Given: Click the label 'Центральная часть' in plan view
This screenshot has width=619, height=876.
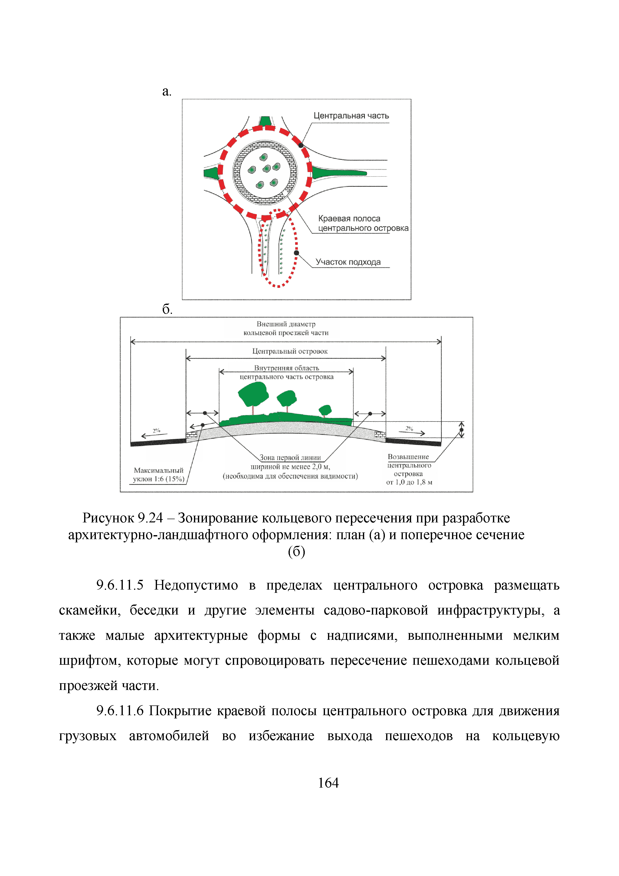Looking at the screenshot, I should pyautogui.click(x=351, y=116).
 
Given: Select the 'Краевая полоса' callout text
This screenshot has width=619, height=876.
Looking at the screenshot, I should pyautogui.click(x=349, y=219).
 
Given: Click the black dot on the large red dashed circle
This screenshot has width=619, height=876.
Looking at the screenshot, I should pyautogui.click(x=301, y=145).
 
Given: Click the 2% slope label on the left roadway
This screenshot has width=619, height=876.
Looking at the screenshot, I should pyautogui.click(x=156, y=430).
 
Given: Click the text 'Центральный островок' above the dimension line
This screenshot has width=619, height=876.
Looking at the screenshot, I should pyautogui.click(x=290, y=351).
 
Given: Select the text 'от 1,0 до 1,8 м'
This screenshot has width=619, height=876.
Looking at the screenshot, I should pyautogui.click(x=409, y=482).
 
